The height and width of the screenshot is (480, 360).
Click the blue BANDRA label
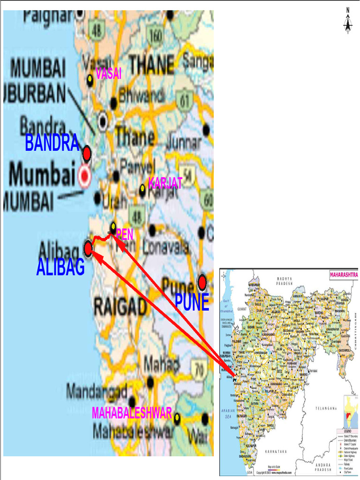(52, 143)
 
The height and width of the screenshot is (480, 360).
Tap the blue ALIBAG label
(60, 268)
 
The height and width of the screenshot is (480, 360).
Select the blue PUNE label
(192, 303)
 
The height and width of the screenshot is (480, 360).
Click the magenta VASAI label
(109, 73)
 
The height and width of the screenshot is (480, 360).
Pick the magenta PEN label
(125, 234)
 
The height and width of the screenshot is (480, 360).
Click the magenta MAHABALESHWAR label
(132, 413)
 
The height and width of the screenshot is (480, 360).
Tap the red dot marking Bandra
(86, 153)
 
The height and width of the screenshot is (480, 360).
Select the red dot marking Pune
(202, 282)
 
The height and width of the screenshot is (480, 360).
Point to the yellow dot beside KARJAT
(142, 188)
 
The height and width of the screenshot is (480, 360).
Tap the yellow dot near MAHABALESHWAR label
(177, 417)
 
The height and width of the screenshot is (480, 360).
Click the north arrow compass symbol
(348, 21)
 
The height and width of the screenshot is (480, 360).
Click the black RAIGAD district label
(120, 307)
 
